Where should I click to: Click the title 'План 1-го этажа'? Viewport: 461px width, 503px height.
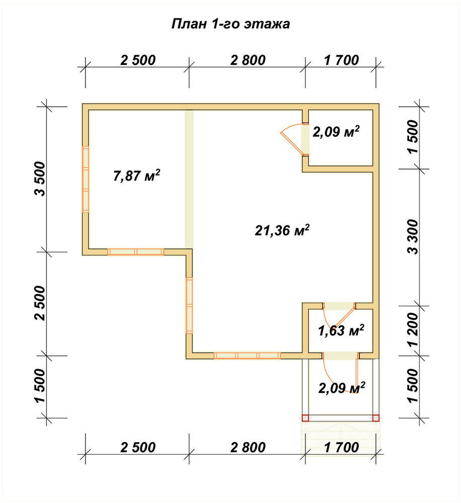[x=230, y=24]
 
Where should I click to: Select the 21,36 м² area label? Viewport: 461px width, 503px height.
[x=282, y=230]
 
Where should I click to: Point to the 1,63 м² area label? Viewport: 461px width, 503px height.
[x=341, y=330]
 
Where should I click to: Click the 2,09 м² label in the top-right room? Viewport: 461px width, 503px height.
[x=336, y=131]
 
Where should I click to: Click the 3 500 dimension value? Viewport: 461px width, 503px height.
[x=41, y=179]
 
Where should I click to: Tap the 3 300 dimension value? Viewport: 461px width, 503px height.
[x=414, y=237]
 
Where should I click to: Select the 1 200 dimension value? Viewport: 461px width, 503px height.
[x=414, y=330]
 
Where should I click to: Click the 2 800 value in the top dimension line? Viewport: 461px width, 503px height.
[x=248, y=60]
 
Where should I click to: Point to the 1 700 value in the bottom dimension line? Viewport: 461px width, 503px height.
[x=341, y=447]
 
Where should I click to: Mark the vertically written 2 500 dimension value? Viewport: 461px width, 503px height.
[x=41, y=303]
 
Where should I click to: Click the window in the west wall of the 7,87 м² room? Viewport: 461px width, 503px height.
[x=85, y=180]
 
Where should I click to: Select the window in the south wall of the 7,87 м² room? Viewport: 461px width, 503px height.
[x=136, y=252]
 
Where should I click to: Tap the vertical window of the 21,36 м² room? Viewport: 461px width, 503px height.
[x=189, y=305]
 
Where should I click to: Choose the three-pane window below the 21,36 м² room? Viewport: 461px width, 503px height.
[x=247, y=356]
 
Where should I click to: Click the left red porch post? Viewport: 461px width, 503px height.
[x=305, y=418]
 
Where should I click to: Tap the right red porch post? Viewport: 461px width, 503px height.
[x=376, y=418]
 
